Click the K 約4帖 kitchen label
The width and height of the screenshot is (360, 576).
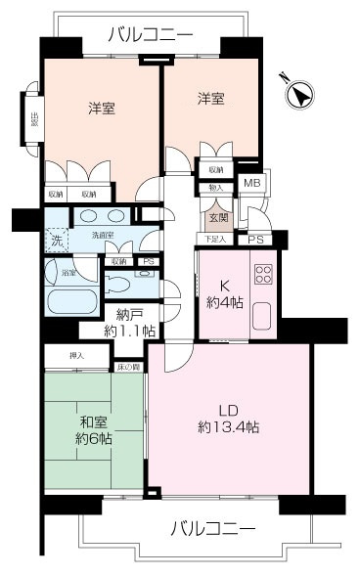[223, 291]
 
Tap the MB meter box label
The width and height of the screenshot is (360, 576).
[252, 183]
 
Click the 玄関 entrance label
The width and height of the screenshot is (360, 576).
[216, 217]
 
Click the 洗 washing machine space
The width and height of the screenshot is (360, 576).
[56, 239]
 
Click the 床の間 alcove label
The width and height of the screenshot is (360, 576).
[129, 367]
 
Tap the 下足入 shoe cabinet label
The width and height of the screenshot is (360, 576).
[214, 240]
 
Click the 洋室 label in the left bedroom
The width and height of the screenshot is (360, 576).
[102, 109]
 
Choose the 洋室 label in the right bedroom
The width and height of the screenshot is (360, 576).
[210, 99]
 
